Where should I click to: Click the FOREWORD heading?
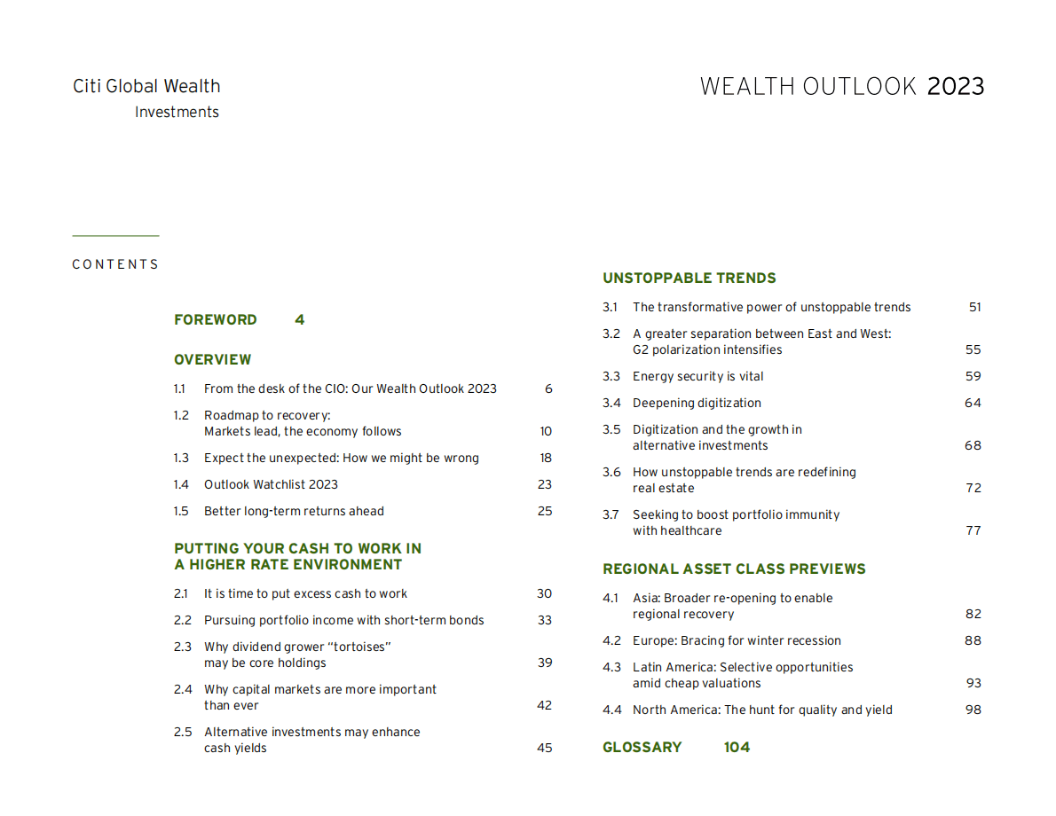tap(216, 320)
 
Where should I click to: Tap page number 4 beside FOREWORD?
tap(300, 320)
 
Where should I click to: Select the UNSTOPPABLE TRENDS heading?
tap(690, 279)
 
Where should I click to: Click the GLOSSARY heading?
tap(642, 748)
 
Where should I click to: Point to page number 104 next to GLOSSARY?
tap(737, 748)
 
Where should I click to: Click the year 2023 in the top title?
tap(956, 87)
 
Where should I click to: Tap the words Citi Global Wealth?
tap(146, 87)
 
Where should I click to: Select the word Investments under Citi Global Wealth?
tap(177, 113)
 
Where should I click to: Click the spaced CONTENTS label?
tap(115, 264)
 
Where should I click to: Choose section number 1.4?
tap(181, 485)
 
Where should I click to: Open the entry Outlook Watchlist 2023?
tap(271, 485)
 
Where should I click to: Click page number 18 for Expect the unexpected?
tap(545, 459)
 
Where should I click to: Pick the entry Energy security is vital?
tap(697, 377)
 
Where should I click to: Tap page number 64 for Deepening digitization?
tap(973, 404)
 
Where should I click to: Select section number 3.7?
tap(611, 515)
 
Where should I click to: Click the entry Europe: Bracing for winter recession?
tap(737, 641)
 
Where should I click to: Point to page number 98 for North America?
tap(973, 710)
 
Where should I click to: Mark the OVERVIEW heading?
tap(213, 360)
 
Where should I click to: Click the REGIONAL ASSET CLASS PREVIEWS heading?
tap(734, 569)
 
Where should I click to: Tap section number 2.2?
tap(183, 621)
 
